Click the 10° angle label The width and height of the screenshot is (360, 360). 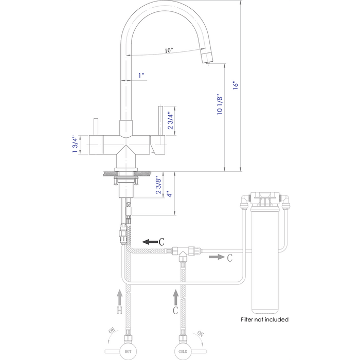pos(169,50)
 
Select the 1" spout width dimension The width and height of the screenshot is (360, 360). pos(141,75)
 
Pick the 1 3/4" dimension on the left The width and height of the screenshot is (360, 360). pos(74,145)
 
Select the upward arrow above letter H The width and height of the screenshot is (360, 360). pos(119,297)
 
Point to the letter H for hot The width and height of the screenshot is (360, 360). pos(119,311)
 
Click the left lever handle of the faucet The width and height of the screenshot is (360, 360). pos(96,127)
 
